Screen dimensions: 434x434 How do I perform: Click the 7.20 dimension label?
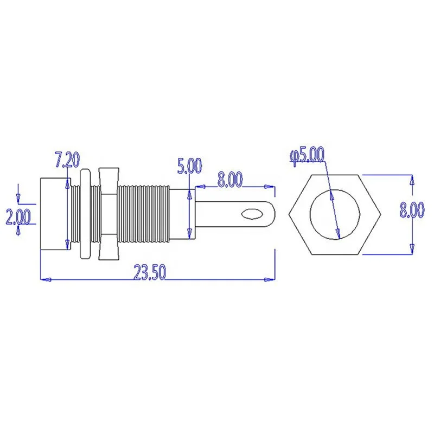pos(67,161)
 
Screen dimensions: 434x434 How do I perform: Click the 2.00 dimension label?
pos(18,217)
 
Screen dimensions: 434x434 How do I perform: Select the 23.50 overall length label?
pos(149,274)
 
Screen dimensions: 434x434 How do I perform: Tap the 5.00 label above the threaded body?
pos(189,166)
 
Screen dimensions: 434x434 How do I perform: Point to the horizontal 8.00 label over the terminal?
pos(229,180)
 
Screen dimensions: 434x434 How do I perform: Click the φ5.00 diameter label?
pos(307,156)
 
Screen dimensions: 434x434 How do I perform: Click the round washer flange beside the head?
pos(85,214)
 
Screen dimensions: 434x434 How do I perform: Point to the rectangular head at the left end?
pos(53,214)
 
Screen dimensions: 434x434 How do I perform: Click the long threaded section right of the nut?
pos(144,214)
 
